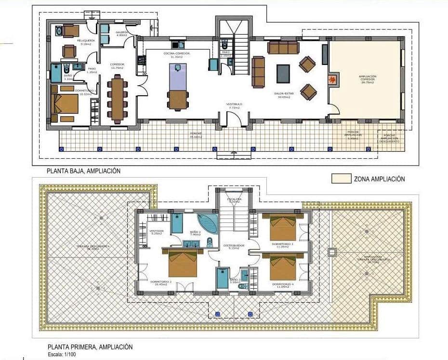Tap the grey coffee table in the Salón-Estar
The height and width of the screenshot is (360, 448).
coord(283,74)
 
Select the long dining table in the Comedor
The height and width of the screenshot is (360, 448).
coord(118,99)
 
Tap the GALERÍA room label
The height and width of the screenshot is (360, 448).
coord(121,33)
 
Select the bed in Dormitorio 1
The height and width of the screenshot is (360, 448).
coord(65,103)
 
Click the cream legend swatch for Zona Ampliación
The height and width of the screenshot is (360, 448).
coord(341,179)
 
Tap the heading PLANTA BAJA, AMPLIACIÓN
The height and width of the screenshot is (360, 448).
coord(83,171)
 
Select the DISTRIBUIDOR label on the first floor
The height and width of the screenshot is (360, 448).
coord(234,245)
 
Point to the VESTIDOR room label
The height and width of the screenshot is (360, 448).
coord(157,231)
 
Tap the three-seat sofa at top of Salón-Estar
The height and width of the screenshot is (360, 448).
coord(283,47)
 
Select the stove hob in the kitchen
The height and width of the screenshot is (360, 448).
coord(142,60)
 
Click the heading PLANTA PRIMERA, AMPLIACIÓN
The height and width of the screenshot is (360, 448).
coord(90,347)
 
